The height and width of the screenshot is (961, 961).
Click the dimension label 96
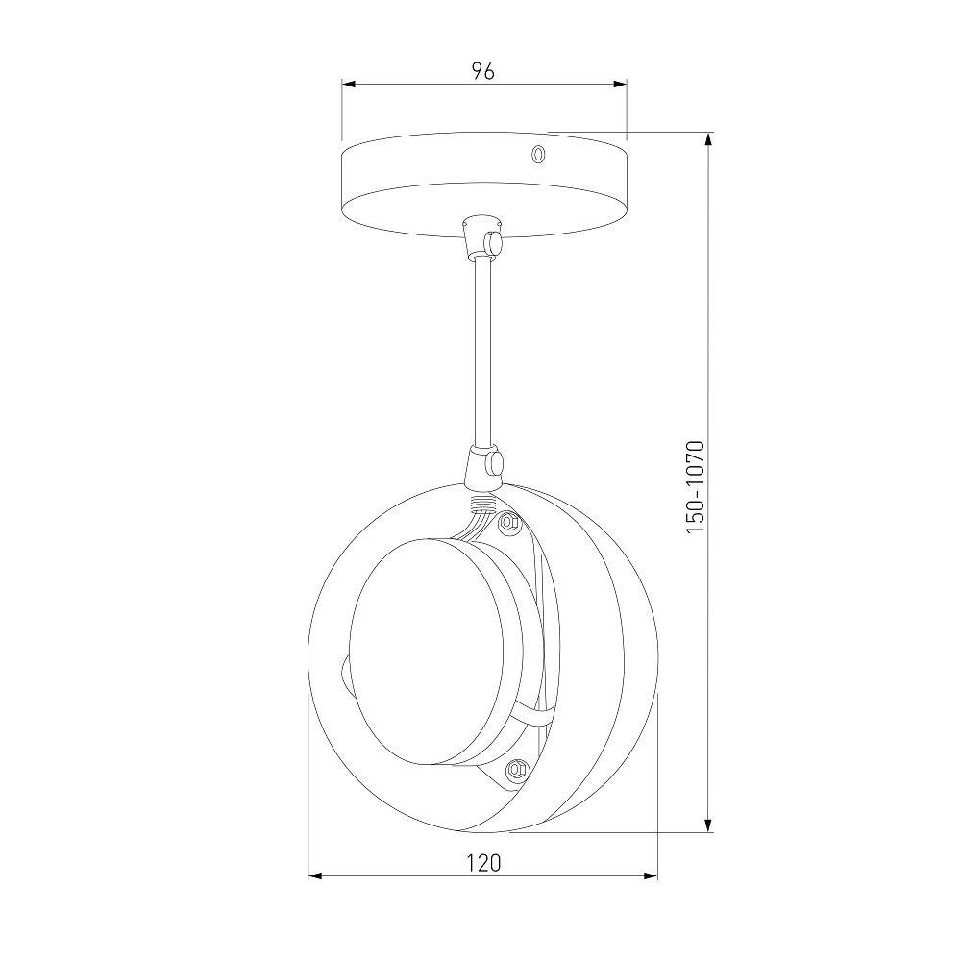tap(483, 72)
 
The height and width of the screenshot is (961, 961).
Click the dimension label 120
tap(483, 863)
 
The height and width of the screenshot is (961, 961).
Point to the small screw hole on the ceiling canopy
tap(538, 154)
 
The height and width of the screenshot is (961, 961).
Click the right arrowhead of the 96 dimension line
tap(620, 85)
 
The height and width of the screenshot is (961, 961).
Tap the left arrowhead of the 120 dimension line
tap(315, 876)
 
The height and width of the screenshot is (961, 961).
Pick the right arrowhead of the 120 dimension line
tap(651, 876)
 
